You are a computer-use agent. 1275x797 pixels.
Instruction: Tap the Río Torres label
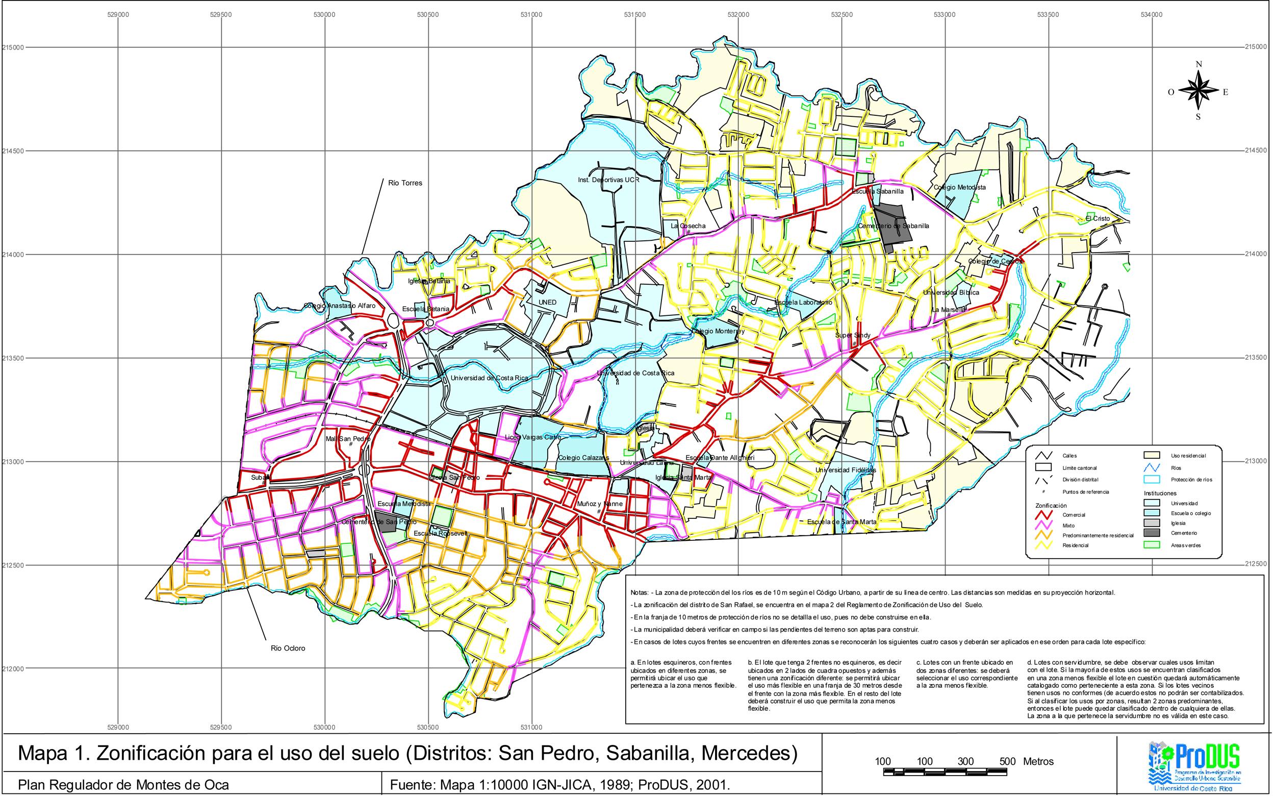click(404, 183)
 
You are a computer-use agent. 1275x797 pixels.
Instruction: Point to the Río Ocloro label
click(288, 649)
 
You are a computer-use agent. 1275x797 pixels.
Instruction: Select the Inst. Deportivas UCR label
click(608, 180)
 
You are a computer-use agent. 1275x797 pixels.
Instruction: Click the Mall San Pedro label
click(348, 439)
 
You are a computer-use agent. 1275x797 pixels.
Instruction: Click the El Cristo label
click(1097, 218)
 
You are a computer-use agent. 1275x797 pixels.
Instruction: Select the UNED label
click(547, 303)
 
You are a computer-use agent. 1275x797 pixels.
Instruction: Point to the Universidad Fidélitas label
click(845, 469)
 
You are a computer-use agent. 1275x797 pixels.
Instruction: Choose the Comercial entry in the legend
click(1073, 514)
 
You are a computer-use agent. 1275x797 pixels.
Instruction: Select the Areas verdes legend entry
click(1185, 545)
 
